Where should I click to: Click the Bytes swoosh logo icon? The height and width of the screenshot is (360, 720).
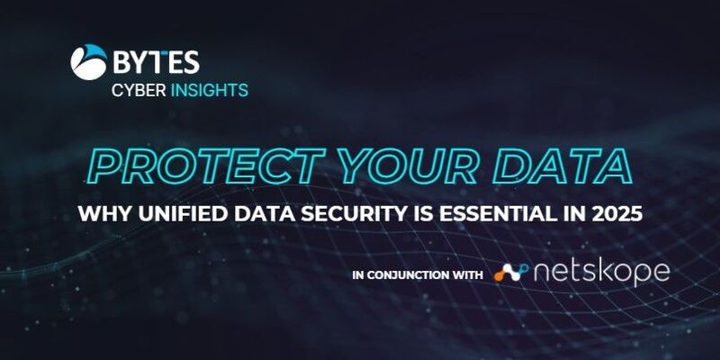[x=88, y=62]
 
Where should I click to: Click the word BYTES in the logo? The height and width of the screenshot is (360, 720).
[x=156, y=62]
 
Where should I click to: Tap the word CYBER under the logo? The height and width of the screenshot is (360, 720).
[x=139, y=91]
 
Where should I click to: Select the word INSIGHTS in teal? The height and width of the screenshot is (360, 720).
[x=210, y=91]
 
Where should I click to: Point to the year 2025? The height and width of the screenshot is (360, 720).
[x=617, y=214]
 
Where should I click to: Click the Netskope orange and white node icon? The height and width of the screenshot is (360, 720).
[x=511, y=273]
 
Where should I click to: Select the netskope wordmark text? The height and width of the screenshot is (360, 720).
[x=602, y=273]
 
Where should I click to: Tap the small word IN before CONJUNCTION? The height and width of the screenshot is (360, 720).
[x=358, y=275]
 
